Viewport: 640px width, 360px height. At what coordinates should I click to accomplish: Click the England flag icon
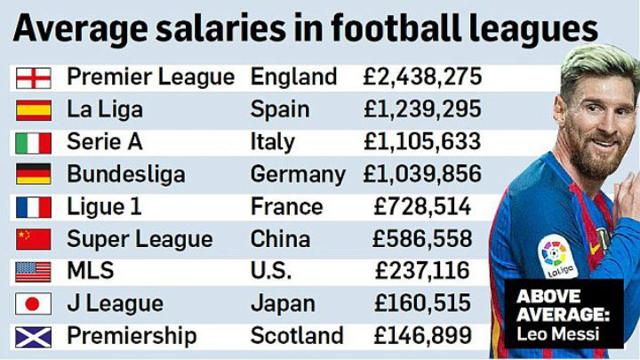[33, 77]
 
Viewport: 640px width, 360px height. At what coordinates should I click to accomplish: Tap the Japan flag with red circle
[33, 304]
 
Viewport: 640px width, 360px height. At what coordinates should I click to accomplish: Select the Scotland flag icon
[33, 336]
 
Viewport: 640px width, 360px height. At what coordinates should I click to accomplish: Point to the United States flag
[33, 271]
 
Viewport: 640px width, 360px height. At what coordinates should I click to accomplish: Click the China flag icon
[33, 239]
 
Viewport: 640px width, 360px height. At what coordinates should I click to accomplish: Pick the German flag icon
[33, 174]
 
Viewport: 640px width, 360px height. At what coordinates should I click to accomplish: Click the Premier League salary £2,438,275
[422, 76]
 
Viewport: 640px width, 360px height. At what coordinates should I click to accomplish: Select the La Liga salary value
[422, 109]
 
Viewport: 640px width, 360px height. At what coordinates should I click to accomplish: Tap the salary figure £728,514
[422, 206]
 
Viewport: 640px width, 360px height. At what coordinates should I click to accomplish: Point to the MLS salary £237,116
[422, 271]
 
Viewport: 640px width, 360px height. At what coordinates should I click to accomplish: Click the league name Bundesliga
[126, 174]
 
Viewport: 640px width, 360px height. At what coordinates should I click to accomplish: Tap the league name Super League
[140, 239]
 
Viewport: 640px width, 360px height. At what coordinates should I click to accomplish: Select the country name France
[286, 206]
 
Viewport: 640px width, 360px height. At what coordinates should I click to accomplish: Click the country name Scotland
[297, 336]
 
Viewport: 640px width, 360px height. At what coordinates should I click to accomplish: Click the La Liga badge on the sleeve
[556, 255]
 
